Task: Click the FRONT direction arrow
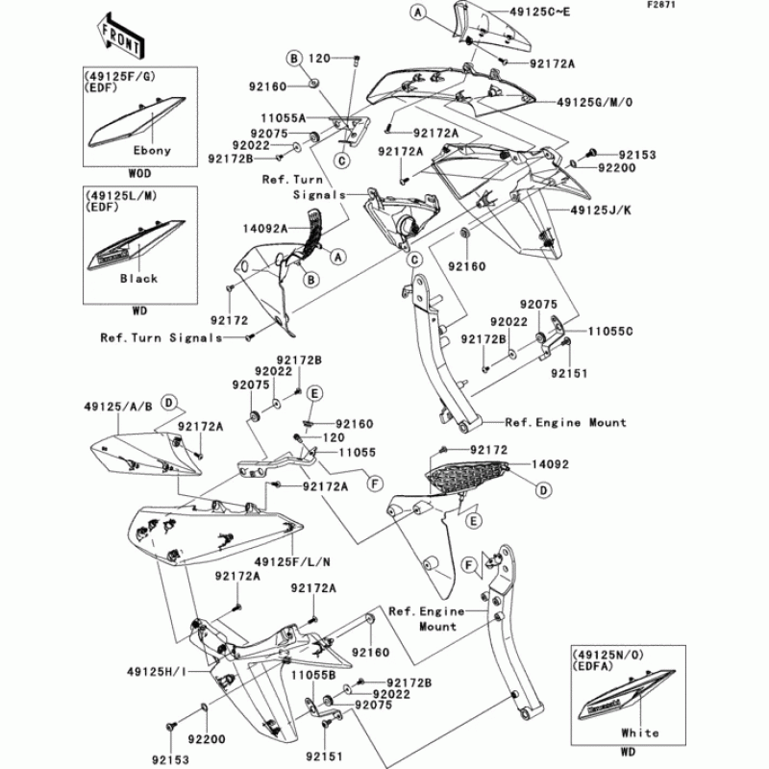pyautogui.click(x=120, y=35)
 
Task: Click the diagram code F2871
pyautogui.click(x=661, y=5)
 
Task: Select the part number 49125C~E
pyautogui.click(x=540, y=12)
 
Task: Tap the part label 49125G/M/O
pyautogui.click(x=594, y=103)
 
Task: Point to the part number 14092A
pyautogui.click(x=265, y=229)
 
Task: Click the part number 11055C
pyautogui.click(x=610, y=332)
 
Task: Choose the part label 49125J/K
pyautogui.click(x=601, y=211)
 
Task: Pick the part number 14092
pyautogui.click(x=550, y=464)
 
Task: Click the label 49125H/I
pyautogui.click(x=157, y=671)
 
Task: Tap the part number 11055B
pyautogui.click(x=313, y=676)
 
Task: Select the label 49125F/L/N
pyautogui.click(x=292, y=562)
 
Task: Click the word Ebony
pyautogui.click(x=152, y=150)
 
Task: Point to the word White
pyautogui.click(x=639, y=732)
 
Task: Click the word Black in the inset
pyautogui.click(x=138, y=279)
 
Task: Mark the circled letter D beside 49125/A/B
pyautogui.click(x=169, y=403)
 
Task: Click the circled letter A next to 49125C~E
pyautogui.click(x=418, y=12)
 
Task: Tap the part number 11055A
pyautogui.click(x=283, y=118)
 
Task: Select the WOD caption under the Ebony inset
pyautogui.click(x=139, y=174)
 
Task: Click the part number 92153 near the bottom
pyautogui.click(x=170, y=759)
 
